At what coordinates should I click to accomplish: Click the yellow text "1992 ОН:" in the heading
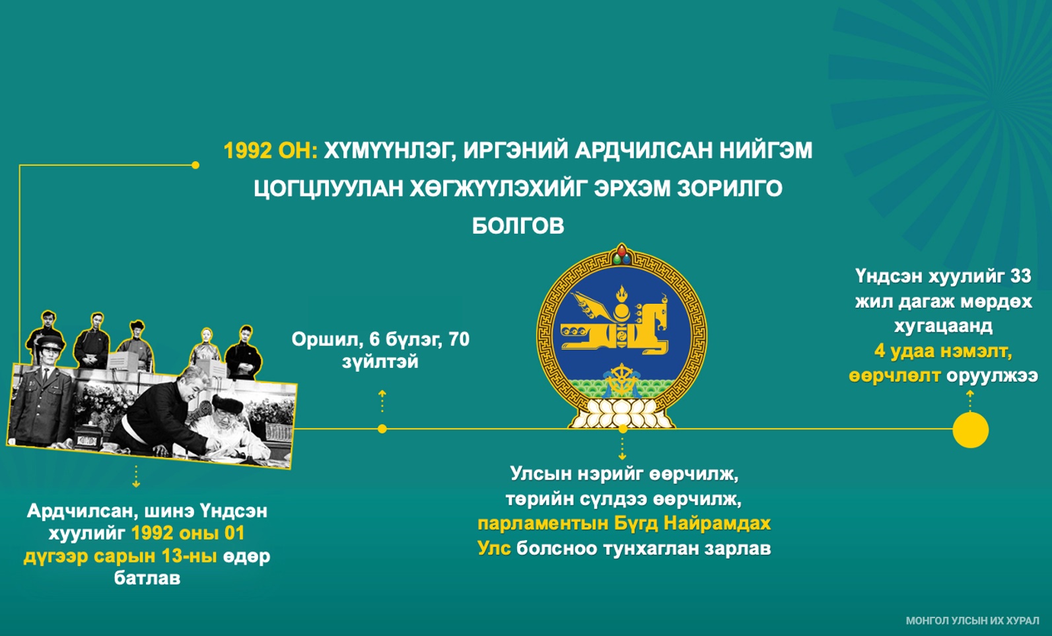pyautogui.click(x=271, y=151)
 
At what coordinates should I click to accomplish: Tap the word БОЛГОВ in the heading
pyautogui.click(x=518, y=226)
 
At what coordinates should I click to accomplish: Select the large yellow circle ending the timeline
pyautogui.click(x=970, y=430)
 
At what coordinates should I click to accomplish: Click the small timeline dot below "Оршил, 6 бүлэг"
pyautogui.click(x=382, y=429)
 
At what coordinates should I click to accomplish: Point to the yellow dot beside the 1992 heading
pyautogui.click(x=195, y=165)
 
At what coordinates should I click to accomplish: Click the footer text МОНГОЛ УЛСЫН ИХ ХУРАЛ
pyautogui.click(x=972, y=621)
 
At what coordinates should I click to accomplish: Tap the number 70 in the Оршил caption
pyautogui.click(x=459, y=339)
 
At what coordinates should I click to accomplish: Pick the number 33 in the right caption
pyautogui.click(x=1020, y=276)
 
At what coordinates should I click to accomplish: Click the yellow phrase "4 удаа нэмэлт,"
pyautogui.click(x=943, y=351)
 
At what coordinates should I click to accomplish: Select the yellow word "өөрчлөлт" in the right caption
pyautogui.click(x=894, y=376)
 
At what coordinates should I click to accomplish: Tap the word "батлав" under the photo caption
pyautogui.click(x=147, y=578)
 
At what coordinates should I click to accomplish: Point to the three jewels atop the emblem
pyautogui.click(x=622, y=254)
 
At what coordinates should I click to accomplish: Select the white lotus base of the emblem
pyautogui.click(x=622, y=413)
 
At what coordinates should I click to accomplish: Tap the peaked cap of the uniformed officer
pyautogui.click(x=50, y=342)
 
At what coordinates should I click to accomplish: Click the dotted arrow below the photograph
pyautogui.click(x=136, y=476)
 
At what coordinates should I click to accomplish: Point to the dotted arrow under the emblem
pyautogui.click(x=622, y=448)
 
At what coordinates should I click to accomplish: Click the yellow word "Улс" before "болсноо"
pyautogui.click(x=494, y=548)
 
